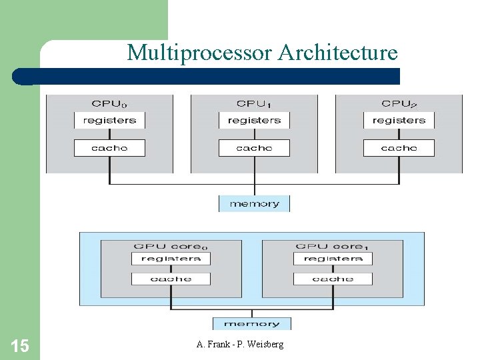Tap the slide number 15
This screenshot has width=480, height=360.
click(x=19, y=345)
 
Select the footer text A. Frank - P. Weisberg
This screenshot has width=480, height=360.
click(x=240, y=344)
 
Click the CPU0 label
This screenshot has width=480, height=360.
click(x=109, y=103)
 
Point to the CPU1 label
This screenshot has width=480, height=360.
click(x=254, y=103)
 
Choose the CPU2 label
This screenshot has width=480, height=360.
click(x=399, y=103)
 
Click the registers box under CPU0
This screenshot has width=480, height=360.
click(x=109, y=121)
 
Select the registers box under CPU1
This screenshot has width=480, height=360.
click(x=254, y=121)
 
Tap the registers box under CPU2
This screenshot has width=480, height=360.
click(x=399, y=121)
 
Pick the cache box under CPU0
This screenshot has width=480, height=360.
click(x=109, y=148)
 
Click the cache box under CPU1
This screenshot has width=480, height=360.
click(x=254, y=148)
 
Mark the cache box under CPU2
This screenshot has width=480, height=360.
click(x=399, y=148)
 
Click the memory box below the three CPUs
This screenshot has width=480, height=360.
click(x=254, y=204)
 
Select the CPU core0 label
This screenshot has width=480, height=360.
click(x=171, y=246)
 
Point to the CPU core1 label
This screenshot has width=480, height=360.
click(x=333, y=246)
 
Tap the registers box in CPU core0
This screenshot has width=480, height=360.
click(x=171, y=259)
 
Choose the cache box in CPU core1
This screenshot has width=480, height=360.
click(x=333, y=279)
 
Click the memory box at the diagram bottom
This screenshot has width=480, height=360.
click(x=251, y=324)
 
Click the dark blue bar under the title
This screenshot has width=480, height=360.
click(x=213, y=76)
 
